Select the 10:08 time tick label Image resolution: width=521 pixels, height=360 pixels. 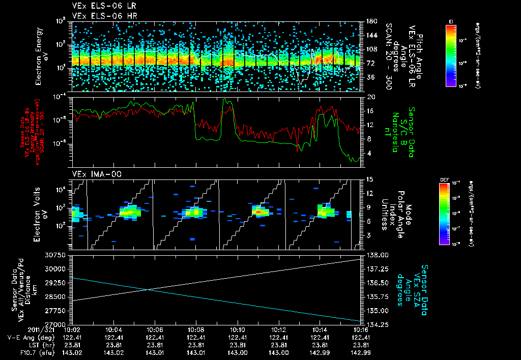(196, 329)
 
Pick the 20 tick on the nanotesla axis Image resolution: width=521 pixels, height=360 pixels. (371, 97)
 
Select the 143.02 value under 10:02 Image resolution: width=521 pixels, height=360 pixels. (72, 352)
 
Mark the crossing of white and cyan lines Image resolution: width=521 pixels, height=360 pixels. (148, 290)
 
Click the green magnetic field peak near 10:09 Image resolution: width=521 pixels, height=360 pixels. (225, 100)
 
